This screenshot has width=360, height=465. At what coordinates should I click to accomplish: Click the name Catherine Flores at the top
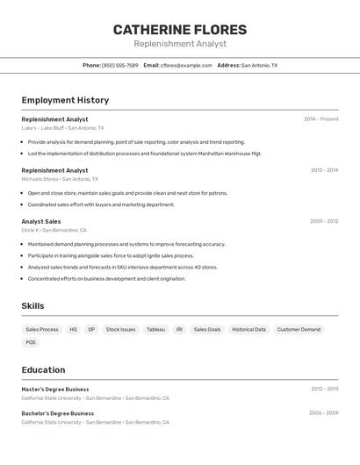click(180, 30)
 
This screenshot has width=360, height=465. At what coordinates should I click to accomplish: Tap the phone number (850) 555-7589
click(119, 65)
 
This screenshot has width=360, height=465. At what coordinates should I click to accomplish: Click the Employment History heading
click(65, 100)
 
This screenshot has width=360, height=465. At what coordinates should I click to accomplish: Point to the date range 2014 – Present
click(320, 119)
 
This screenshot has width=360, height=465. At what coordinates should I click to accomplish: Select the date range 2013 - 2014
click(324, 170)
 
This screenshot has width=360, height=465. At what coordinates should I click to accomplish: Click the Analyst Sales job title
click(41, 221)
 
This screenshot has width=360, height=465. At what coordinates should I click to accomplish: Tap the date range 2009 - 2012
click(324, 221)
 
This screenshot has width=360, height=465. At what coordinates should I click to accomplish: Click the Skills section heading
click(32, 306)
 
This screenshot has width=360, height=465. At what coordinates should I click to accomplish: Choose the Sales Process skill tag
click(42, 329)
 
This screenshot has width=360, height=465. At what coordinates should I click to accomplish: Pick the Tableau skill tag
click(155, 329)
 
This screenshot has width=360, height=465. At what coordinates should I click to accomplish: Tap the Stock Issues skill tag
click(120, 329)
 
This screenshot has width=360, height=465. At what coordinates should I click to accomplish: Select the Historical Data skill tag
click(248, 329)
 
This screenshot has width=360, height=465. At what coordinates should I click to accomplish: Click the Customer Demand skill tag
click(299, 329)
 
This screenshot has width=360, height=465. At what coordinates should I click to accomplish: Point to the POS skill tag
click(31, 342)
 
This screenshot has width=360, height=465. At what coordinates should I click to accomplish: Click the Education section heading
click(43, 370)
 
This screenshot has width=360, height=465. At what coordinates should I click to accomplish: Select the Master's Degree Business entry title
click(55, 389)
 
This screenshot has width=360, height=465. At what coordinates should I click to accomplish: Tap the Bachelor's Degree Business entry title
click(57, 413)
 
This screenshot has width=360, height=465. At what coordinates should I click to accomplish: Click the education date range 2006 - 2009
click(323, 413)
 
